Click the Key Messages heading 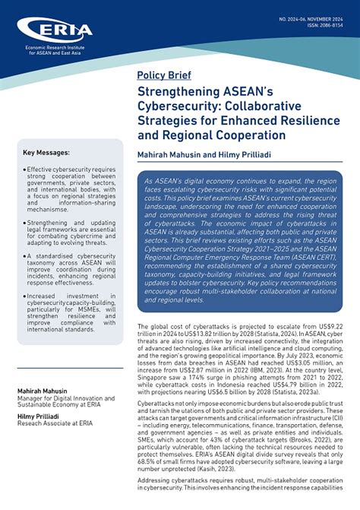click(46, 153)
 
